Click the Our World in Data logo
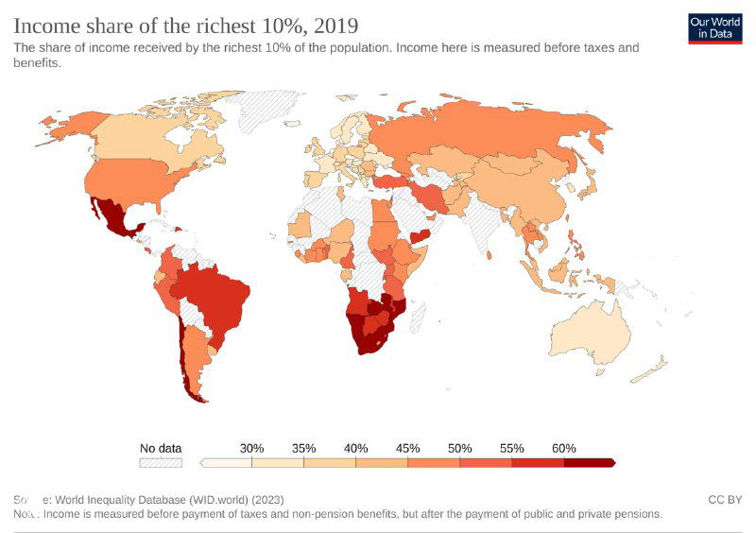click(714, 28)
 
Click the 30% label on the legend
click(251, 448)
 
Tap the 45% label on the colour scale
click(407, 448)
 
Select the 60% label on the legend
click(563, 448)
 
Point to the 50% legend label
click(459, 448)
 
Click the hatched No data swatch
click(160, 463)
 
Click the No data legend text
click(160, 448)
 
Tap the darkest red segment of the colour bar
click(589, 463)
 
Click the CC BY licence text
click(725, 499)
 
